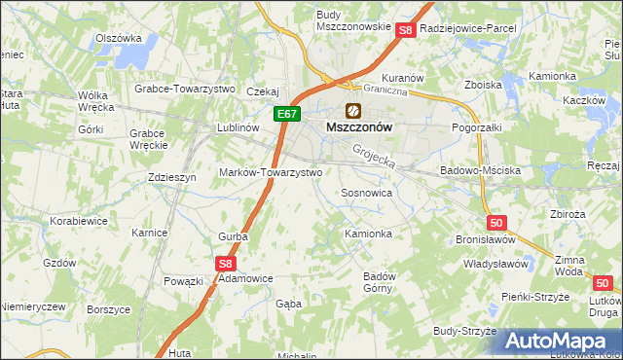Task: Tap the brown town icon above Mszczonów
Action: point(352,111)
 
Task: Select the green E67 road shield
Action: point(284,115)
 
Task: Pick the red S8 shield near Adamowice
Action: point(226,263)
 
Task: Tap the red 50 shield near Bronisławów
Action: point(496,223)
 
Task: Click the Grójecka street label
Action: point(375,153)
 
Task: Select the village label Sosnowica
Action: point(366,194)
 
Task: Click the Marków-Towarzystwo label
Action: point(277,172)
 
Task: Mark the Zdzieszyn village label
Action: point(172,177)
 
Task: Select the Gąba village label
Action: point(289,304)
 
